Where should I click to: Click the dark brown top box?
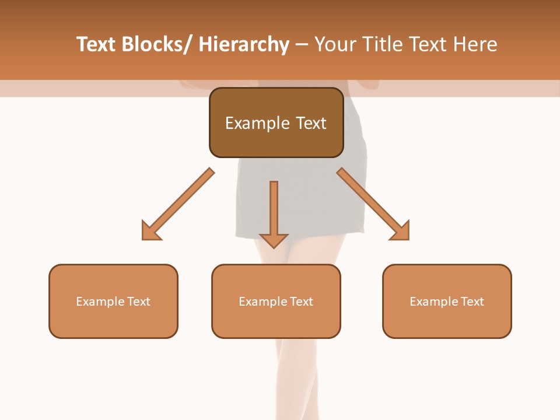[276, 123]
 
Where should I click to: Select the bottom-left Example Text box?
[113, 301]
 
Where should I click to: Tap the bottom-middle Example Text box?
[276, 301]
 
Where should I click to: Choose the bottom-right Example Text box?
[447, 301]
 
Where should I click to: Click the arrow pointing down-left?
[177, 205]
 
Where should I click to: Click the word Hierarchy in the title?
[244, 44]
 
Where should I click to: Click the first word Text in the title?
[97, 44]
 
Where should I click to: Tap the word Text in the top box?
[310, 123]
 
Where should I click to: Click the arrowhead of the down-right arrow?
[400, 231]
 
